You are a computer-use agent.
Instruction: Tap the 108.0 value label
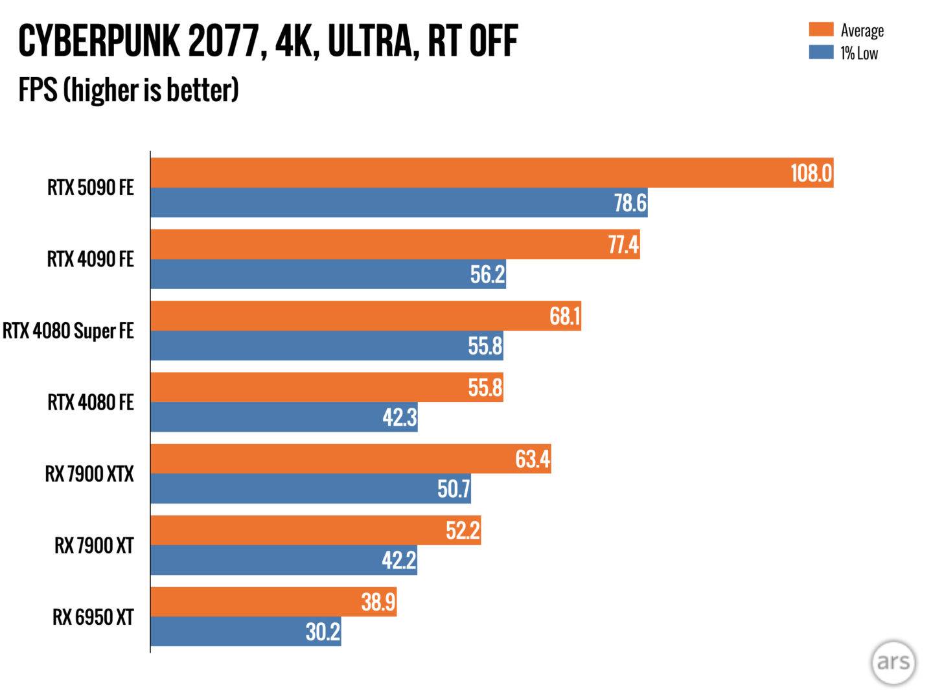[811, 173]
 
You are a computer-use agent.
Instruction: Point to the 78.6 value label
[630, 203]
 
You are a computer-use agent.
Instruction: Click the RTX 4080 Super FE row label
[68, 331]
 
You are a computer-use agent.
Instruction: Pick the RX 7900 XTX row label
[89, 474]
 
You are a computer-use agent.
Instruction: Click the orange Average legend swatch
[821, 29]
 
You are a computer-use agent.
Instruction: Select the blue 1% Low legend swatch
[821, 52]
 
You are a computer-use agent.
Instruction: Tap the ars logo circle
[893, 662]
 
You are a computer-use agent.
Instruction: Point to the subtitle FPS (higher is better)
[128, 89]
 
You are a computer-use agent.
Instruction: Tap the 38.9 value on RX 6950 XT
[378, 602]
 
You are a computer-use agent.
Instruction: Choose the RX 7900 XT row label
[94, 546]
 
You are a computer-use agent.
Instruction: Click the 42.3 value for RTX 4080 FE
[400, 417]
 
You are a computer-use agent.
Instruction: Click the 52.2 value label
[463, 531]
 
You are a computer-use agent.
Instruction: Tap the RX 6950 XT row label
[93, 617]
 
